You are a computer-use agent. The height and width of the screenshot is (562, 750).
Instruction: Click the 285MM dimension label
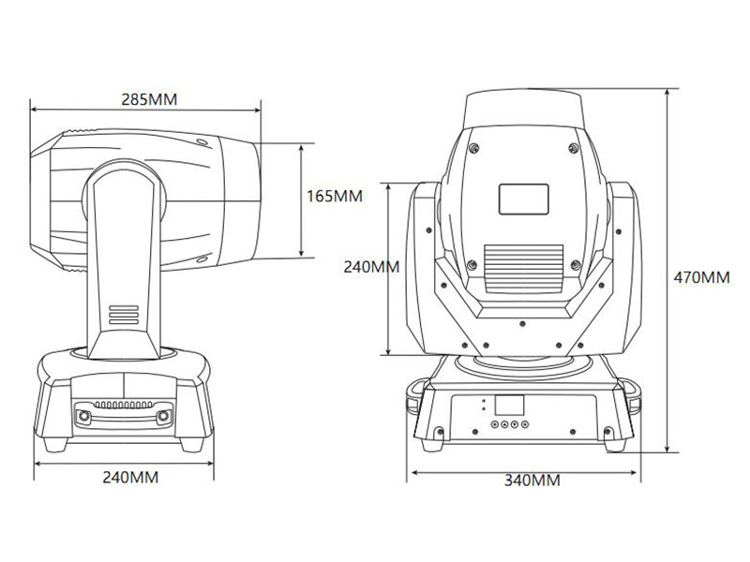pos(149,99)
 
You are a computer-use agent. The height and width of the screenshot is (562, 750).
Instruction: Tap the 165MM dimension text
pos(335,196)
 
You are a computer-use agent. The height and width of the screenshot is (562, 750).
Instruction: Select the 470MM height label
pos(701,277)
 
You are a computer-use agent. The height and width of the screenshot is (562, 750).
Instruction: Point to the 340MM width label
pos(532,480)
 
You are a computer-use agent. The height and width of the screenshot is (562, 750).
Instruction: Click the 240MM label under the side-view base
pos(130,477)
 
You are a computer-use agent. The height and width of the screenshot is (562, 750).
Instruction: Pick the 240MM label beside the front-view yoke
pos(371,267)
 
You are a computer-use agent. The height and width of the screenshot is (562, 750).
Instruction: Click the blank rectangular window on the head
pos(524,200)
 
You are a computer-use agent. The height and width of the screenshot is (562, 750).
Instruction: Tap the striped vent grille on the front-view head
pos(524,269)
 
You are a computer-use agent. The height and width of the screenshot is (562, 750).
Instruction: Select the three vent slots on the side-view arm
pos(124,315)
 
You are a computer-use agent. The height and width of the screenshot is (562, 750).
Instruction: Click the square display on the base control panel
pos(509,405)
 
